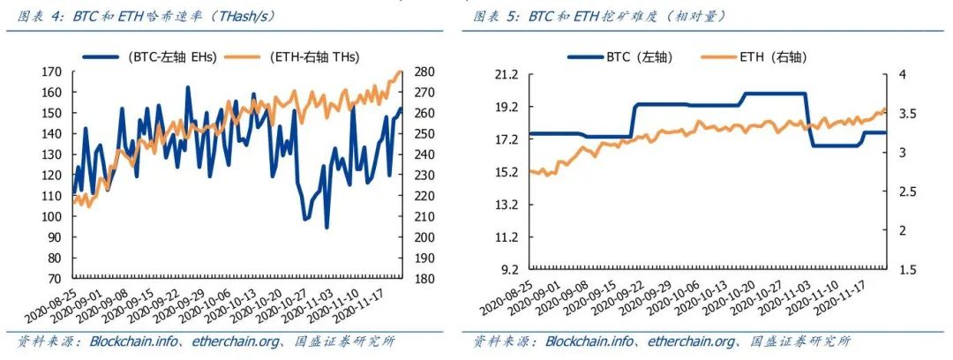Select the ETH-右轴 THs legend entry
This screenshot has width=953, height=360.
[310, 56]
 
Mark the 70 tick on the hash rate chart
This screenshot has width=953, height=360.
[55, 279]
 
